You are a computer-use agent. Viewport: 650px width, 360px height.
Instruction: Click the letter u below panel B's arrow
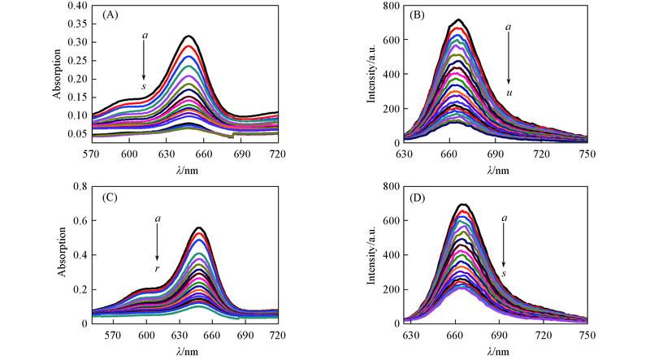tap(509, 93)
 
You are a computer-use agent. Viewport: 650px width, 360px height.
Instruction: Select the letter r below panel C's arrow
tap(157, 267)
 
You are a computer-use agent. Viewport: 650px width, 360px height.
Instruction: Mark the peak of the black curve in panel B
tap(459, 20)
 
